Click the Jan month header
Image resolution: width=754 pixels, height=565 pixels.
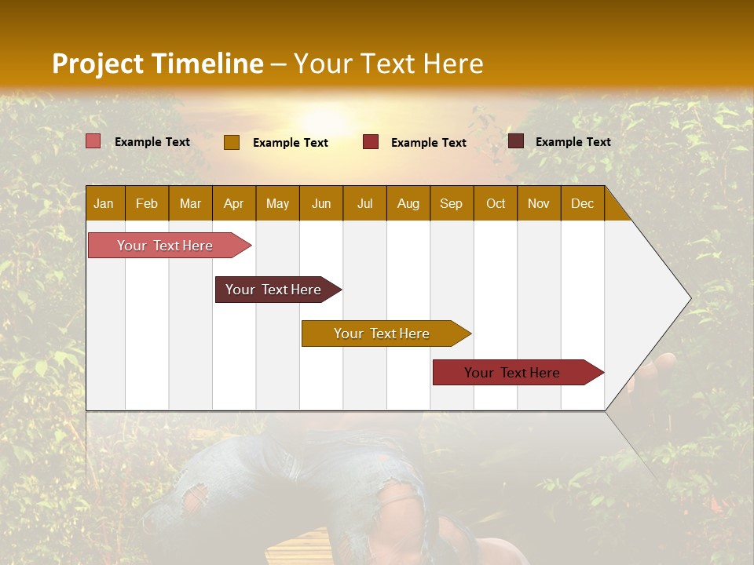[x=104, y=203]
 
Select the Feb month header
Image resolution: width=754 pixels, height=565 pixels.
[x=147, y=203]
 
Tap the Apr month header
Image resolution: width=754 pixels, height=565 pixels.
[x=233, y=203]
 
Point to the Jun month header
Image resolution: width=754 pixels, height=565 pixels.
[x=321, y=203]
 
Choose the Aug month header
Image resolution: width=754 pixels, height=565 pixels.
[x=408, y=203]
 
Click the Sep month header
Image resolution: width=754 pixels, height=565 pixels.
[x=451, y=203]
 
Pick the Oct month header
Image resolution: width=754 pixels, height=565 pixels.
[x=496, y=203]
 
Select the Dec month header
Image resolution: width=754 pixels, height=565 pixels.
[x=582, y=203]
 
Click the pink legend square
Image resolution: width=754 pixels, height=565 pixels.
[x=93, y=141]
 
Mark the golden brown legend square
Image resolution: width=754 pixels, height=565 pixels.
[x=232, y=142]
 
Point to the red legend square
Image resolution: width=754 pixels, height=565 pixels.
[x=371, y=142]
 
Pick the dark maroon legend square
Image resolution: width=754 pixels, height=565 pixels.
[x=516, y=141]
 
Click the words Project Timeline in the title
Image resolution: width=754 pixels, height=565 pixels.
[x=157, y=64]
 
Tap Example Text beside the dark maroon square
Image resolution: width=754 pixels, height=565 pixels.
[x=573, y=142]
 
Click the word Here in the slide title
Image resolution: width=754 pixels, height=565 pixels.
[x=453, y=64]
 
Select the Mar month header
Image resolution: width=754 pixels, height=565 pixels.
[x=190, y=203]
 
